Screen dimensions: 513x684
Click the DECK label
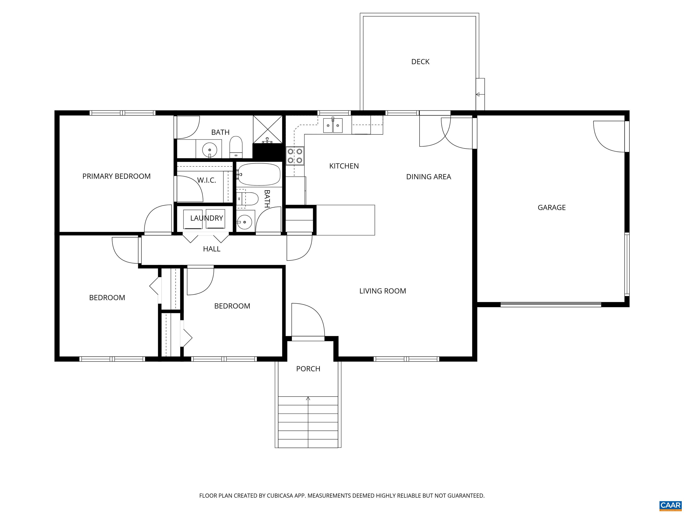coord(420,61)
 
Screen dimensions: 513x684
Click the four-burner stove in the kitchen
coord(295,156)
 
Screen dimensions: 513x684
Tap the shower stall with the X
coord(267,129)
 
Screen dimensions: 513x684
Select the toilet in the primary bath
coord(236,147)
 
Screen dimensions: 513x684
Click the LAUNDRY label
coord(207,218)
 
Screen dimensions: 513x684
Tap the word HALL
coord(212,249)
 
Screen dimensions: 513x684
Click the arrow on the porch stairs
coord(308,399)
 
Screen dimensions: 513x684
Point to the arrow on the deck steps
coord(478,94)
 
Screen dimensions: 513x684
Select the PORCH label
coord(308,368)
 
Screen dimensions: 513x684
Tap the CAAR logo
coord(670,505)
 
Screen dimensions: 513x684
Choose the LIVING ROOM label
coord(383,291)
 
